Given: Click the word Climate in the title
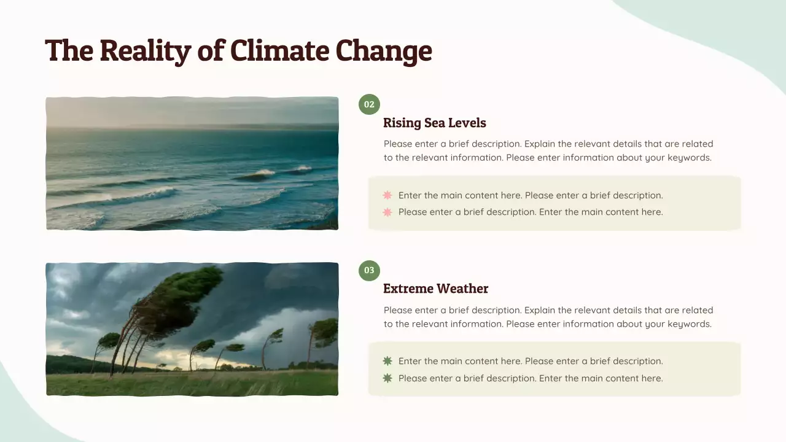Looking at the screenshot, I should click(x=280, y=50).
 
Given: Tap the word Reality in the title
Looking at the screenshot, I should click(x=145, y=50).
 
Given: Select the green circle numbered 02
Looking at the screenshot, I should click(x=369, y=104).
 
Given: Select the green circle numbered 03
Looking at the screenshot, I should click(x=369, y=270).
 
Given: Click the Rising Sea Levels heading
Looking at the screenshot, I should click(x=434, y=123).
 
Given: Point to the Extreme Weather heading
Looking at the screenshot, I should click(x=435, y=289).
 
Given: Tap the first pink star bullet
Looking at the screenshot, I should click(x=387, y=195).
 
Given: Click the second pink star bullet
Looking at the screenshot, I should click(x=387, y=212).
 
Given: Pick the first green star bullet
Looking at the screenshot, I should click(x=387, y=361).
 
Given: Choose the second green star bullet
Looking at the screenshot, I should click(x=387, y=378).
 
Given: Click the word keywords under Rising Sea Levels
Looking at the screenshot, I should click(x=690, y=158).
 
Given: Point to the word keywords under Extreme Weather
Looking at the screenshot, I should click(x=690, y=324).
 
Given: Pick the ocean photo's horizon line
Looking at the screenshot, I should click(x=192, y=127).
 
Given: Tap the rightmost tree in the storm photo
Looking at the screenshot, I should click(x=322, y=335).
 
